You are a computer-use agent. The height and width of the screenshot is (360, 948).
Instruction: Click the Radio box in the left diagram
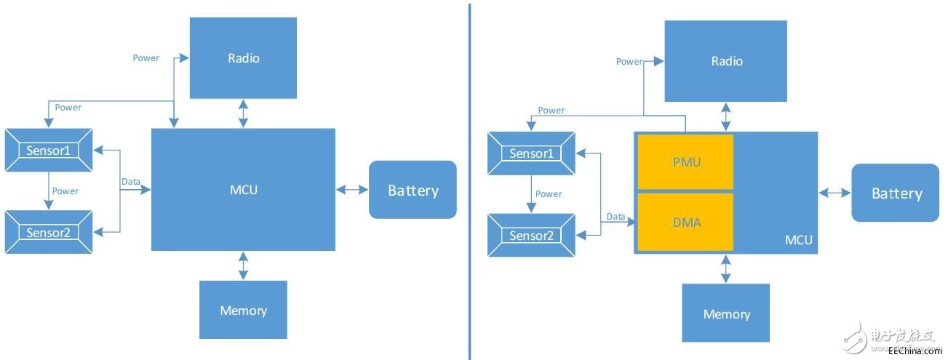(x=243, y=57)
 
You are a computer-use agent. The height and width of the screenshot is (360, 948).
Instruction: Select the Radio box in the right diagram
(x=726, y=61)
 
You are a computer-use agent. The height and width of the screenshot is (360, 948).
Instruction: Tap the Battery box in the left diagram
(x=413, y=190)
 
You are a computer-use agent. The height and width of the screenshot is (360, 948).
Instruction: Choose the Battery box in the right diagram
(x=896, y=193)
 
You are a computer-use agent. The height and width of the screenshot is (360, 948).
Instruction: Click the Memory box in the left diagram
(x=243, y=310)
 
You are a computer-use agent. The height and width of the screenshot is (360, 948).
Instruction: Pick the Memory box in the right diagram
(x=725, y=313)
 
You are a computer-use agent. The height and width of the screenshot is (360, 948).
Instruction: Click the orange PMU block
(x=685, y=162)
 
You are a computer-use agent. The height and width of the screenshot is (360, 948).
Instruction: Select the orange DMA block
(x=685, y=222)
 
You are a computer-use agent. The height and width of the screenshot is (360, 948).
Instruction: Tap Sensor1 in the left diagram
(x=49, y=151)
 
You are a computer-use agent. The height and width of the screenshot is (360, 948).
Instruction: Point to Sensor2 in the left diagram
(x=49, y=233)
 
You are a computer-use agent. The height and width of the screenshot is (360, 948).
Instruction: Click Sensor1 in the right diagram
(x=531, y=153)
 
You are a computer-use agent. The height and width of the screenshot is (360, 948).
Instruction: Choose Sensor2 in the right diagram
(x=531, y=236)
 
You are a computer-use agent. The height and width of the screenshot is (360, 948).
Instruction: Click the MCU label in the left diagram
(x=243, y=190)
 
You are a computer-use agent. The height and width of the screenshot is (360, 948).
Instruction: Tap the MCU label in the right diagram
(x=798, y=240)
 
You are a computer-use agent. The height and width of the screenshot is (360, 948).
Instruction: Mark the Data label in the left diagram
(x=131, y=181)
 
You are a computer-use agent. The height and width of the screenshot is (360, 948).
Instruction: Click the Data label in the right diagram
(x=616, y=216)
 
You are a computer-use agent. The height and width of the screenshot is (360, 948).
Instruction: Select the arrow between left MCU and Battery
(x=352, y=190)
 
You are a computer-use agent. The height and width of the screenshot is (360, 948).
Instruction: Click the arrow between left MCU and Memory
(x=243, y=265)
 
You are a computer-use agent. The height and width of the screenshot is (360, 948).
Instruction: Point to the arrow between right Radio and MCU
(x=725, y=116)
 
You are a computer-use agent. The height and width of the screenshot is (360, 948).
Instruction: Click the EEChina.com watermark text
(x=915, y=351)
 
